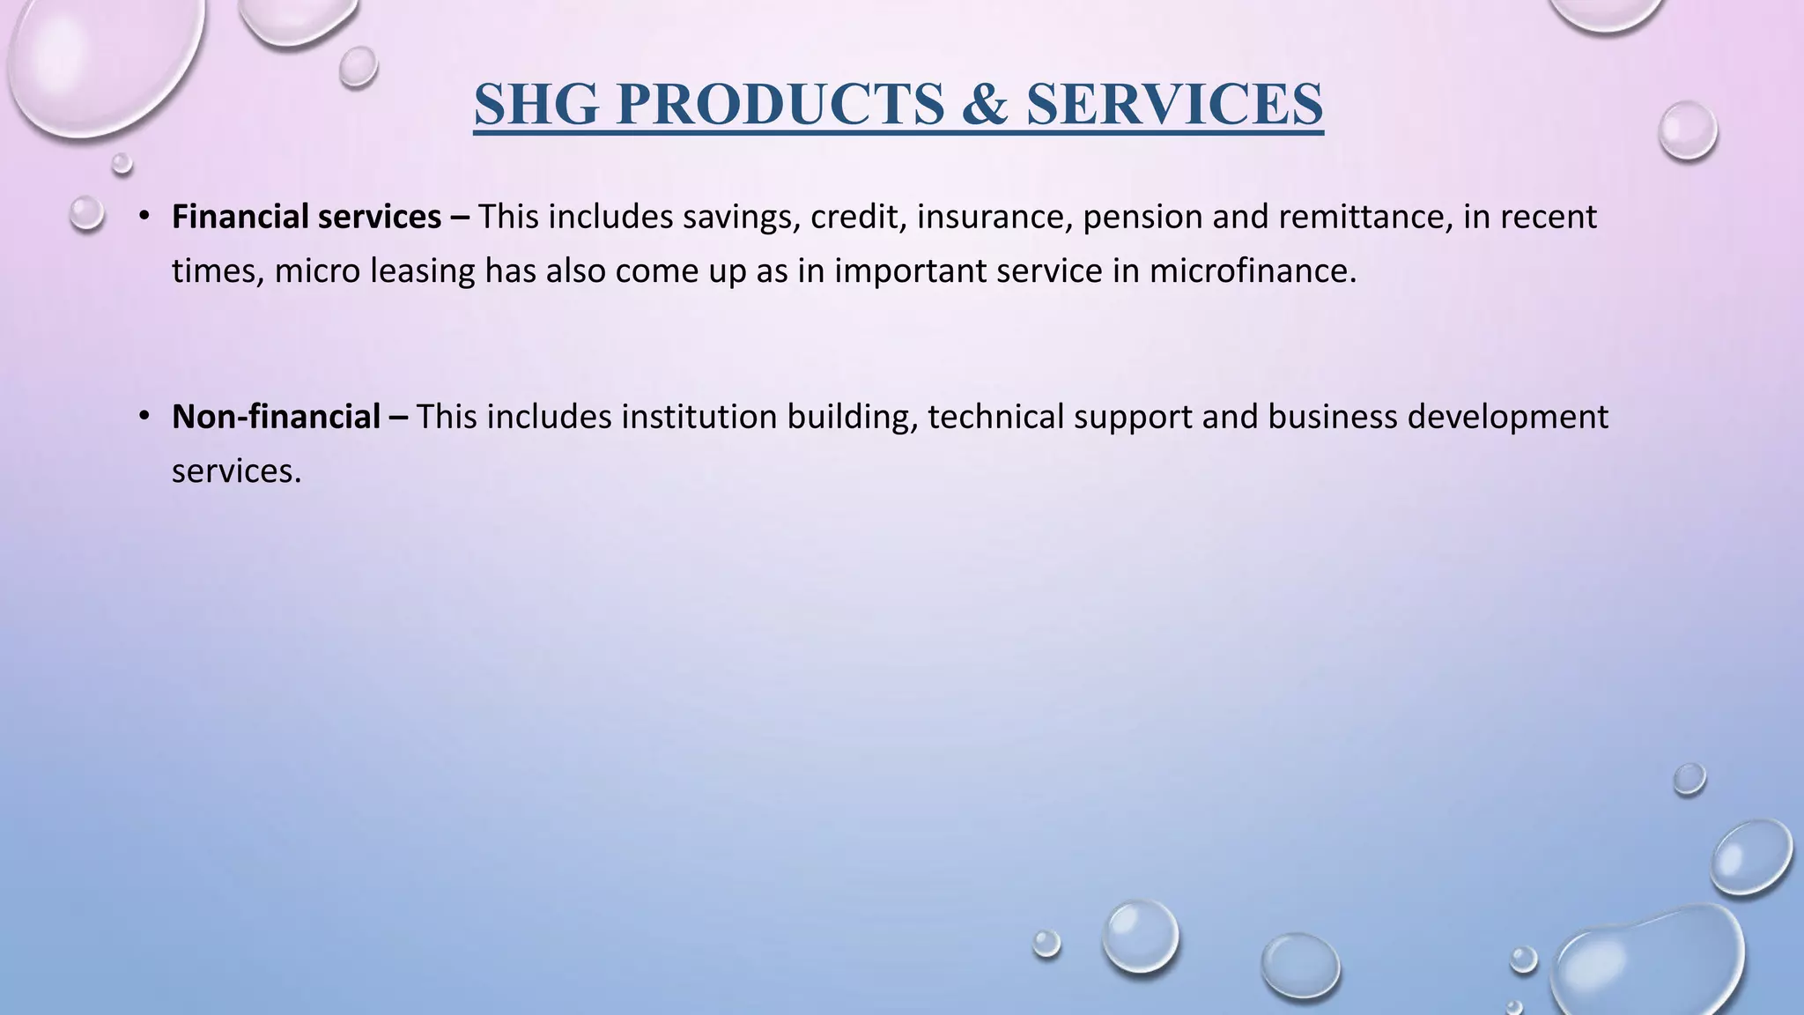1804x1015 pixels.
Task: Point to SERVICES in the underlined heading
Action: [x=1174, y=104]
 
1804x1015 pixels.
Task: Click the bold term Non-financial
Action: [x=276, y=417]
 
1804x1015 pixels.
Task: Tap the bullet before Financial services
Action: [x=144, y=216]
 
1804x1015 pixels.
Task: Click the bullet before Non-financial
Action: [x=144, y=416]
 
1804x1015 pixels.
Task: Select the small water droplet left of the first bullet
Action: [x=86, y=213]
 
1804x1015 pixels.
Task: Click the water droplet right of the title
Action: [x=1687, y=130]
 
